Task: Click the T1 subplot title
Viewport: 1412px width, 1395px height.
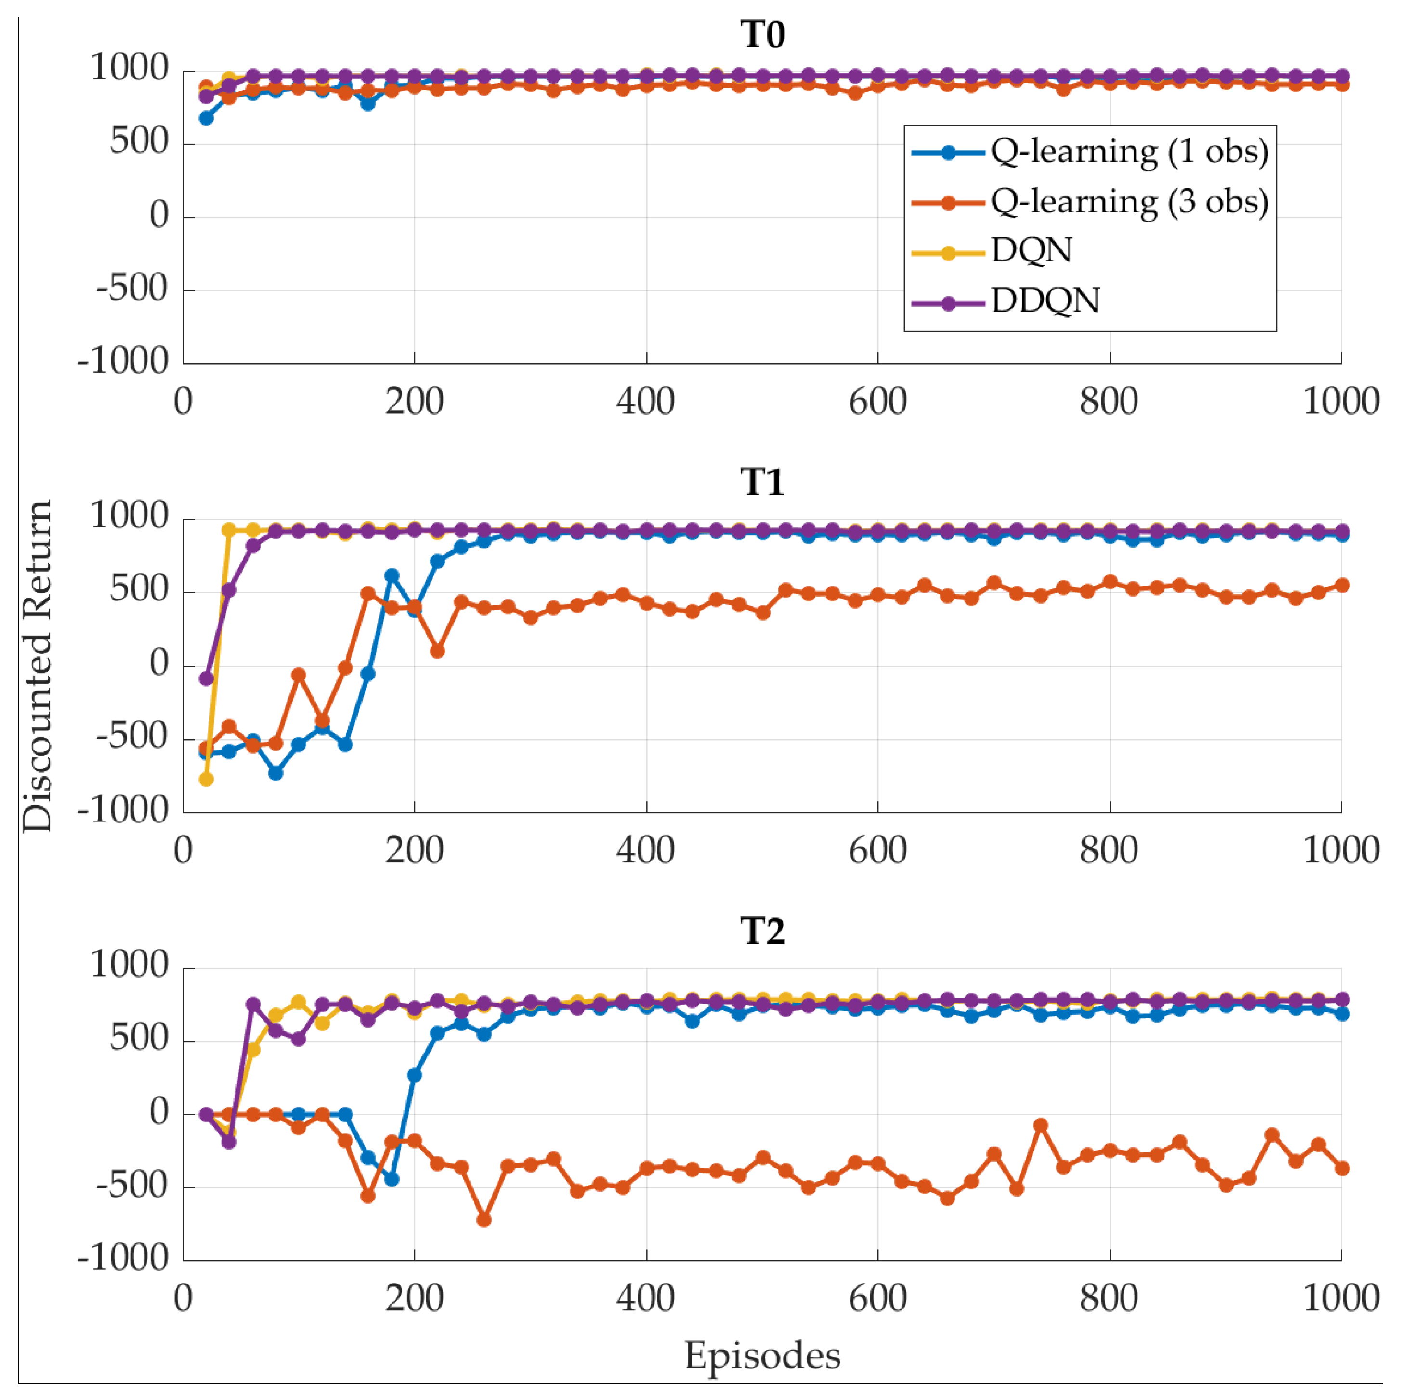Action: coord(762,482)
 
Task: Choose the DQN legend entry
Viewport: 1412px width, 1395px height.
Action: coord(1031,251)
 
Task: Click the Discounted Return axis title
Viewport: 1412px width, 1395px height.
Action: coord(37,665)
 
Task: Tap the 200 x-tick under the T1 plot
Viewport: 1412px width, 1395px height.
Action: coord(414,850)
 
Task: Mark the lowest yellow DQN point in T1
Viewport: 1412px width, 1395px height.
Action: coord(206,779)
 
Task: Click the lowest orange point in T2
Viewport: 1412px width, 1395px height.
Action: coord(484,1220)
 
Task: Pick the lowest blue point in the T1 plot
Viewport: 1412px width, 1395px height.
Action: coord(275,772)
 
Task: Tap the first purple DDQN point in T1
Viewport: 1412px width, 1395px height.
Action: coord(206,678)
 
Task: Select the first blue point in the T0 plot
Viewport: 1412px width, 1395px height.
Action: coord(206,117)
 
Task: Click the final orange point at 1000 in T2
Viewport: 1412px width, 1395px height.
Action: coord(1341,1169)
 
